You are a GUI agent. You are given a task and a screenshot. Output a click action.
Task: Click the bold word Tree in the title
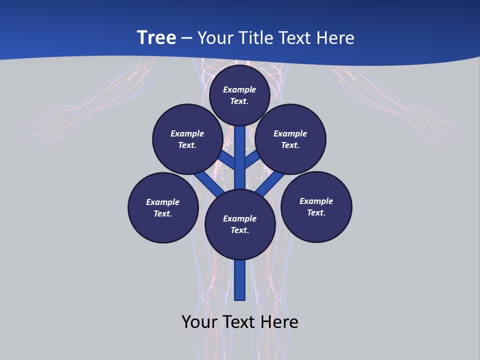(x=156, y=38)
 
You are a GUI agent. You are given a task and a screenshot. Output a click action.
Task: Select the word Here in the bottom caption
(x=279, y=322)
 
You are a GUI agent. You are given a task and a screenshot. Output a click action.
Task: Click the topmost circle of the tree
(x=239, y=95)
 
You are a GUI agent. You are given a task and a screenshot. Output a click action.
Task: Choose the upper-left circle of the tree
(x=187, y=139)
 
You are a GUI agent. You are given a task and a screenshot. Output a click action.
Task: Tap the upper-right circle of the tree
(x=290, y=139)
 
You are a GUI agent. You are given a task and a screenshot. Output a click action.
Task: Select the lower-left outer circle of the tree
(x=163, y=207)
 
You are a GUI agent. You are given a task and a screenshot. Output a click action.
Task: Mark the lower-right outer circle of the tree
(x=316, y=206)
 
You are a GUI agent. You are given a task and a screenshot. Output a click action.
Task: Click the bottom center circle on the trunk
(x=240, y=224)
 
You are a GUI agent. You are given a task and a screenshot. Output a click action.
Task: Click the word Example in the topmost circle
(x=239, y=89)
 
